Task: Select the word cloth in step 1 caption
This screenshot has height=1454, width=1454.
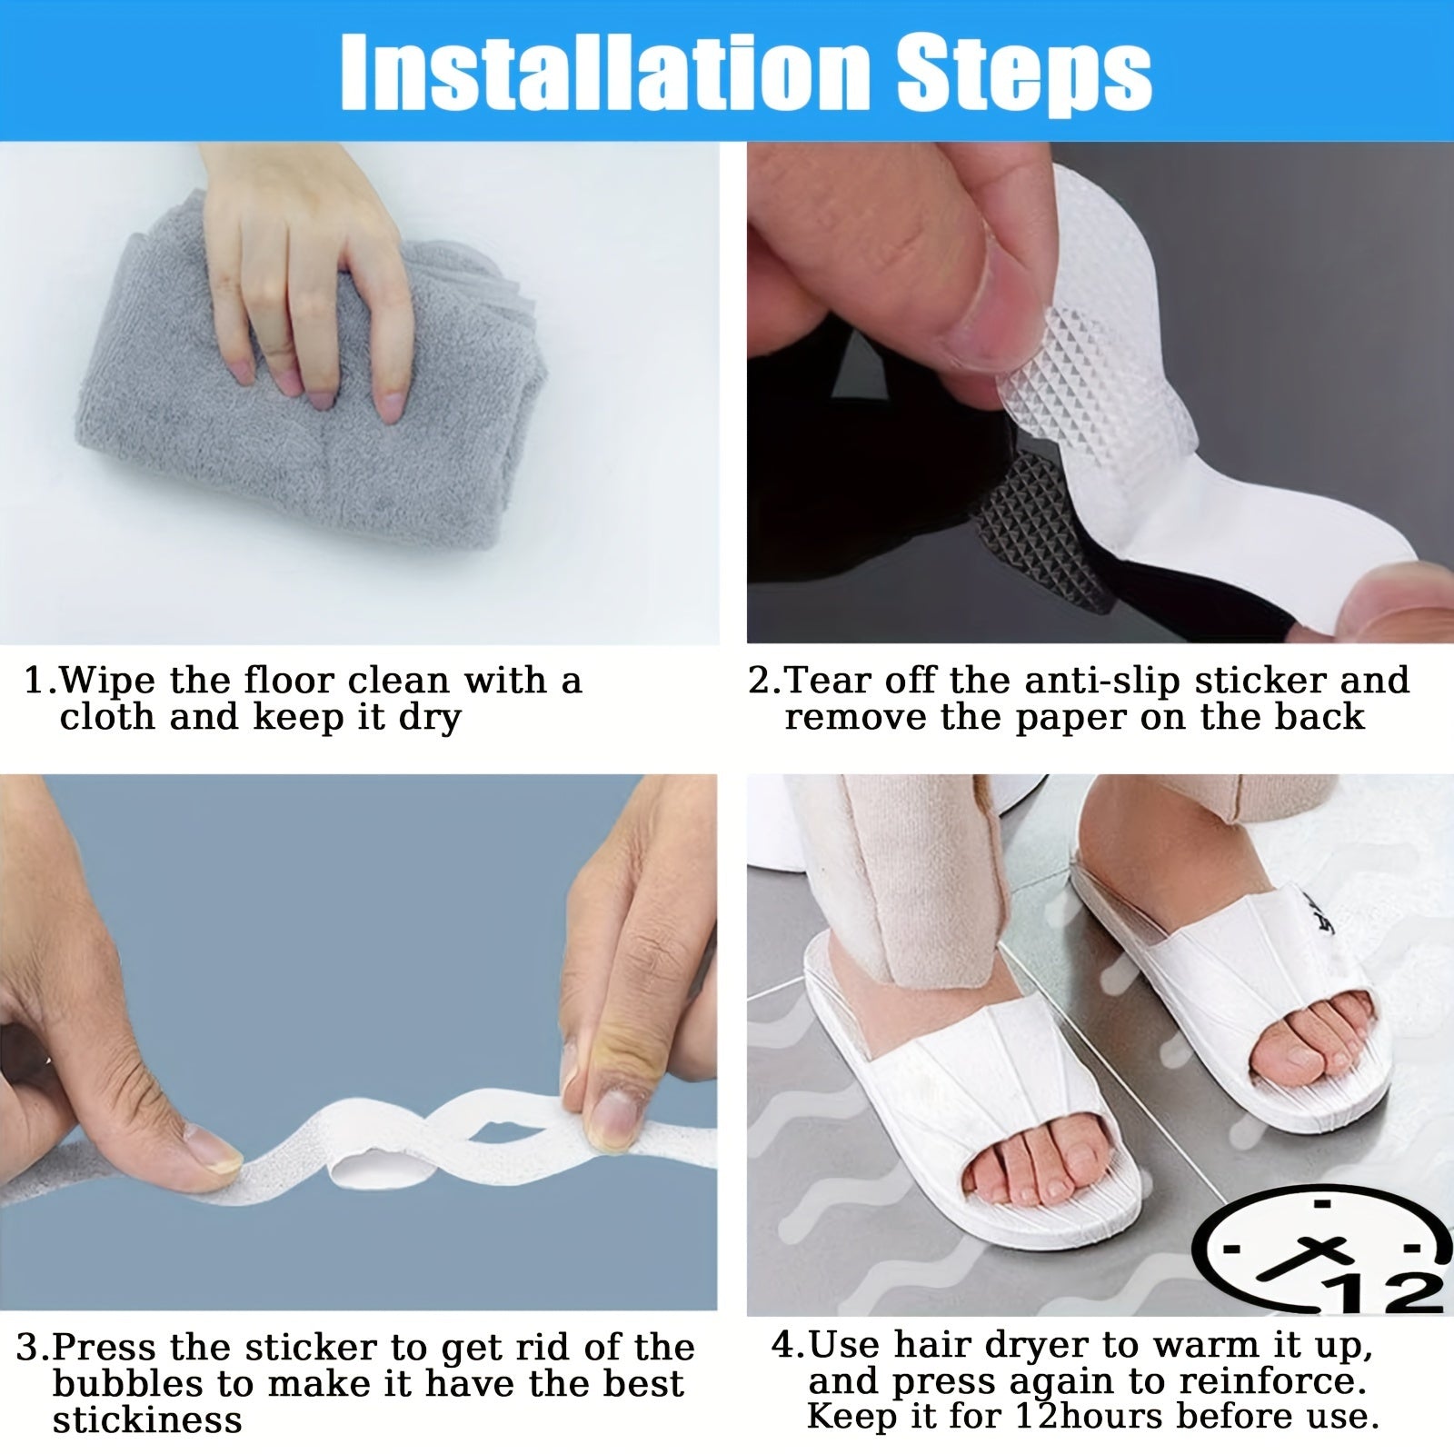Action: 107,717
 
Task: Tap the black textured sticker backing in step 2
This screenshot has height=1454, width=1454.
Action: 1018,536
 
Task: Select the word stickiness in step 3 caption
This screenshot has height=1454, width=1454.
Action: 146,1420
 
